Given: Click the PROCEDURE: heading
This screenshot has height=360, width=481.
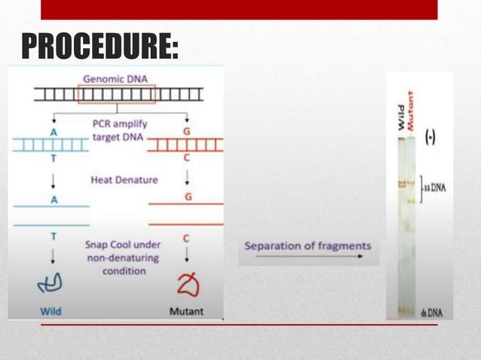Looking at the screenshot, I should click(x=100, y=47).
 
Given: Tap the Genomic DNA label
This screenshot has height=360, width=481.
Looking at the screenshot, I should click(x=115, y=78).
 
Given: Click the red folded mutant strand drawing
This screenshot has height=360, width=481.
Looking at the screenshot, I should click(x=186, y=285).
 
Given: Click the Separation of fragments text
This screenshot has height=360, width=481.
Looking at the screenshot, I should click(x=308, y=246).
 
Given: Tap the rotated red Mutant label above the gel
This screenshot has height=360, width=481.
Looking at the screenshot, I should click(x=412, y=112).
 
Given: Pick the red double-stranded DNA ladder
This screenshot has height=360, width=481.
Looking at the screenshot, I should click(x=185, y=145).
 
